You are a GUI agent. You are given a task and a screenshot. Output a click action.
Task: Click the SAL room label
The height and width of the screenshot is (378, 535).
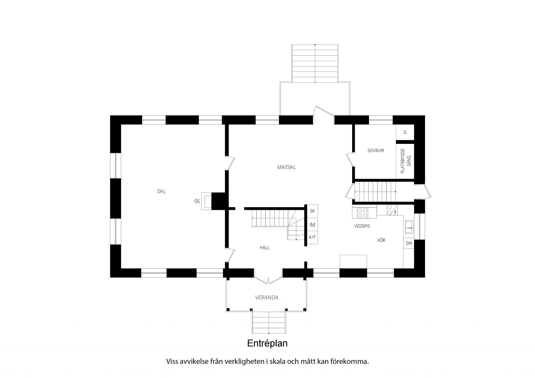161,191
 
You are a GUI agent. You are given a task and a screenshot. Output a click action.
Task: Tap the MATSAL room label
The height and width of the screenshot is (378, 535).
287,167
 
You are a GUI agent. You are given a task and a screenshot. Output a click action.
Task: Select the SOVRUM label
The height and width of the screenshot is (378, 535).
376,151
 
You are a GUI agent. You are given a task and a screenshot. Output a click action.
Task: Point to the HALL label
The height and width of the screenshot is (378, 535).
265,248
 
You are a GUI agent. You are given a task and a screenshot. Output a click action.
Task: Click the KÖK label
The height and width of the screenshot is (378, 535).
381,240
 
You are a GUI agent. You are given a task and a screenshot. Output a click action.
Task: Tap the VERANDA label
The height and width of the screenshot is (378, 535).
267,298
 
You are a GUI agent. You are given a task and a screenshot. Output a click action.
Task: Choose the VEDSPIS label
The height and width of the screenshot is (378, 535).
362,226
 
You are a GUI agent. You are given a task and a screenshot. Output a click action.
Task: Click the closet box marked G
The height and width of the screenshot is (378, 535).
405,132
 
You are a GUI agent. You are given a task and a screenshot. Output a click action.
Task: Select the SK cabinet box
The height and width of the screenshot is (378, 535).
312,211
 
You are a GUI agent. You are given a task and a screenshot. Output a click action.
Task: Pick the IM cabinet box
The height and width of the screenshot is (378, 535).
312,225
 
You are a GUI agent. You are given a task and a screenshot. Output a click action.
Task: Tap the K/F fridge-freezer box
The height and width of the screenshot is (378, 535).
312,237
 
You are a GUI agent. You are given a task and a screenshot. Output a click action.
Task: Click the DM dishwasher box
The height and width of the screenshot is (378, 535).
409,243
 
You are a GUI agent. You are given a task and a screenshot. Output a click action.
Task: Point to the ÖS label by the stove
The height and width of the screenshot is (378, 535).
197,202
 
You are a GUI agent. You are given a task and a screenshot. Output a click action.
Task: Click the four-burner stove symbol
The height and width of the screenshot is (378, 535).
363,213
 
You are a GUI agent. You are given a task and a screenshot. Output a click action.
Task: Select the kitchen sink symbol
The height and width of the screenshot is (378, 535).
409,227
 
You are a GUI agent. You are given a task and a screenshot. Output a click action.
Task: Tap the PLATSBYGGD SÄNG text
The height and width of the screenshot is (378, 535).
405,161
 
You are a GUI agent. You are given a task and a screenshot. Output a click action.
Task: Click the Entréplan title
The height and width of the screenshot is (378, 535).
267,344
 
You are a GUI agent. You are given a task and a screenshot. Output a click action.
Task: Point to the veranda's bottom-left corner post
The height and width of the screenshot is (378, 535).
228,310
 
